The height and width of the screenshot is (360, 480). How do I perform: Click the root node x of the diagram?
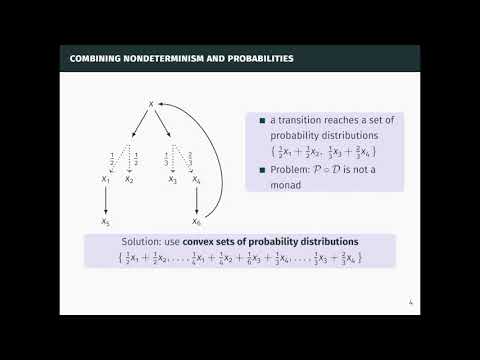coord(150,101)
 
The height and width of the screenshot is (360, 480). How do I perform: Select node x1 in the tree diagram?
coord(105,180)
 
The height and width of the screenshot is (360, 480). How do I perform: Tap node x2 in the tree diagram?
coord(129,180)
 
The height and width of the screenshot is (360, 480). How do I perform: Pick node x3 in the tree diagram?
coord(173,180)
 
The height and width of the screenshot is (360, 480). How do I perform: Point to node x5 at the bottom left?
coord(105,222)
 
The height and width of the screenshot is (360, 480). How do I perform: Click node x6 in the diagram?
coord(197,222)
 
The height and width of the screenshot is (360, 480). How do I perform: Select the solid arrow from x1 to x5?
coord(105,201)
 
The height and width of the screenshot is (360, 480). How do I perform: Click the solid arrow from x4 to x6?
coord(196,201)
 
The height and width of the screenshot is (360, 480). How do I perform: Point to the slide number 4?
coord(411,304)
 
